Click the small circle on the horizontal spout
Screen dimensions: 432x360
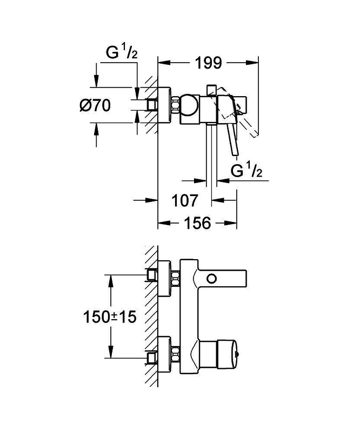pos(212,279)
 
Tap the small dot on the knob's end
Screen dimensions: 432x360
pos(239,354)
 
